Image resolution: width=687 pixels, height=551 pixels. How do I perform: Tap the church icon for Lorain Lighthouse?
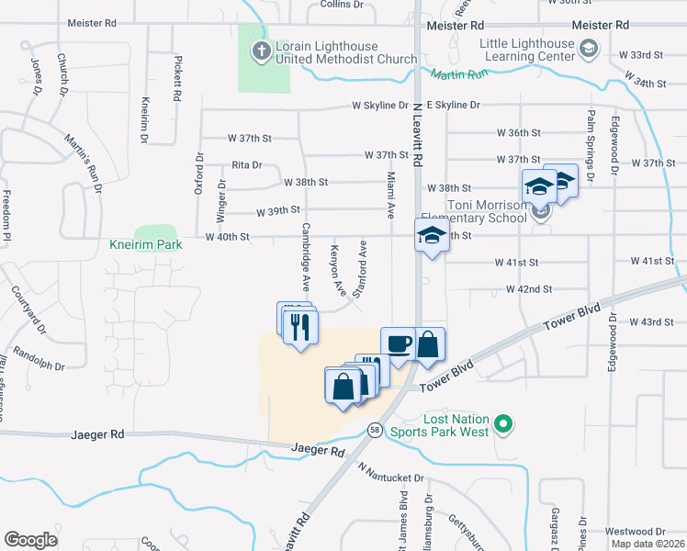[x=262, y=51]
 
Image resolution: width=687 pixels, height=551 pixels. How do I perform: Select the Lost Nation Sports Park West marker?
[x=501, y=423]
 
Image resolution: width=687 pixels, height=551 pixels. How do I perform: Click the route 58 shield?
[x=375, y=430]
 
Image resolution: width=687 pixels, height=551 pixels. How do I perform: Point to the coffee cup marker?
[x=398, y=344]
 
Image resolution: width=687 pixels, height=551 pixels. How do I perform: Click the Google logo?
[x=30, y=540]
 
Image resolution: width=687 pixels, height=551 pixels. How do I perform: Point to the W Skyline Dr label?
[x=379, y=106]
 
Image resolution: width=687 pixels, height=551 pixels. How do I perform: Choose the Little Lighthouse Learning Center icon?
[x=589, y=47]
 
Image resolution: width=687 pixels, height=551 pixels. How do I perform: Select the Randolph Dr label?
[x=39, y=361]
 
